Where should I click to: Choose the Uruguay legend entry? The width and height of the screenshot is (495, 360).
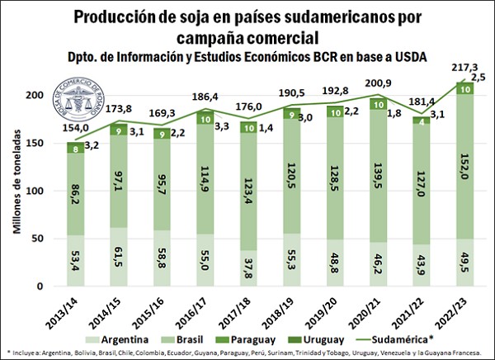point(346,339)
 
